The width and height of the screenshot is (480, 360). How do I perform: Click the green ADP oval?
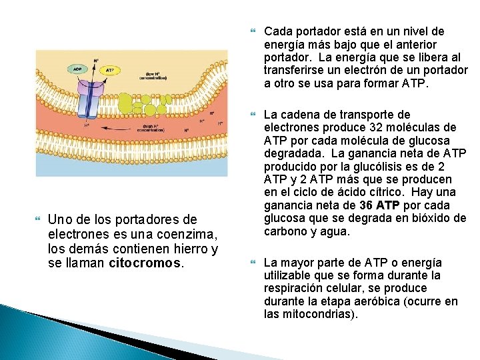click(x=79, y=69)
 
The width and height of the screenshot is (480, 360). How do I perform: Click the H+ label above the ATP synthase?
click(x=96, y=61)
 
